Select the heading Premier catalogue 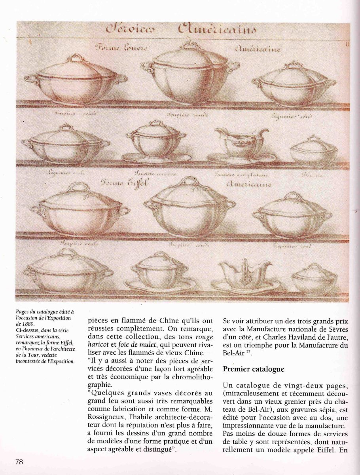(253, 369)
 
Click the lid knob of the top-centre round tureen (191, 45)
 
